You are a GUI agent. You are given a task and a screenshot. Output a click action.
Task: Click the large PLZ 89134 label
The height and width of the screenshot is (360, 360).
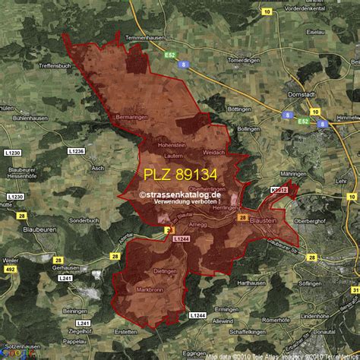point(180,175)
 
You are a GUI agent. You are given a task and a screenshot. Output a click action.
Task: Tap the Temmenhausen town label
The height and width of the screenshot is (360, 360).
point(144,37)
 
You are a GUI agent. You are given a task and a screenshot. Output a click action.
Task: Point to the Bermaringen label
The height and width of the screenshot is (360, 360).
point(131,118)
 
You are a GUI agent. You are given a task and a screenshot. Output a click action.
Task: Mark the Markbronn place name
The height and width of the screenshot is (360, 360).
point(150,290)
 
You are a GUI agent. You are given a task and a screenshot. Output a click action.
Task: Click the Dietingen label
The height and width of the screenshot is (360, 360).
point(165,270)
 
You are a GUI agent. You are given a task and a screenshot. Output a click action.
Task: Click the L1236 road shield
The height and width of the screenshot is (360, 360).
point(76,152)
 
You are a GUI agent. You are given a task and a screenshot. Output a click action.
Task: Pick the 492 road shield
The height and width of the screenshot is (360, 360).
point(11,268)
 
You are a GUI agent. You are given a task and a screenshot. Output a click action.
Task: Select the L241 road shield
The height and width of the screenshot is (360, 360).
point(66,279)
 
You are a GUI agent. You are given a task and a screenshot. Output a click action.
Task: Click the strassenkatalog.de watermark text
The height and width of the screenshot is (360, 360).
point(180,194)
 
